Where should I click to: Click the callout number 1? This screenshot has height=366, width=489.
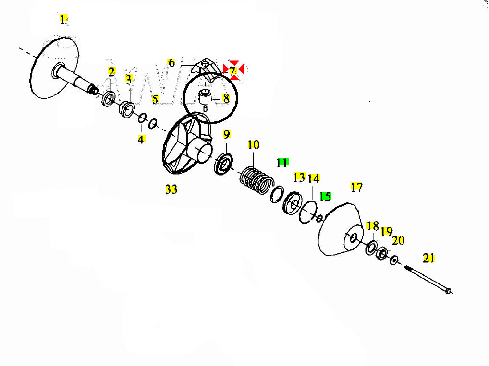(63, 20)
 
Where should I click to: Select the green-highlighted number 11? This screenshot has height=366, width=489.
(282, 163)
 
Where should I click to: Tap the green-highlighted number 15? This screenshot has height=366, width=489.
(325, 196)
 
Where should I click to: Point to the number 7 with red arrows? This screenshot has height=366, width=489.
(232, 71)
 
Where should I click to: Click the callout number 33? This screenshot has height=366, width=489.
(171, 189)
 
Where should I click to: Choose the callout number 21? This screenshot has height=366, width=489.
(428, 258)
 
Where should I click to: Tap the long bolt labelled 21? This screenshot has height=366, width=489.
(428, 279)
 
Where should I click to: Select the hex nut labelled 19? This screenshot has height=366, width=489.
(382, 253)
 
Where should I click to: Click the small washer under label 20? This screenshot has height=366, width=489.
(394, 260)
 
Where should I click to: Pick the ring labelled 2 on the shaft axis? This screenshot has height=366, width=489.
(109, 99)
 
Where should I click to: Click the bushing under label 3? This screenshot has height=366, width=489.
(127, 109)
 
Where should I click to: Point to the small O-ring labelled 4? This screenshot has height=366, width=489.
(142, 118)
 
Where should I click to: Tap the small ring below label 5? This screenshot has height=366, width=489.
(153, 124)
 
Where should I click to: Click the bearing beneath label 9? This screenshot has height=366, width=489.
(223, 164)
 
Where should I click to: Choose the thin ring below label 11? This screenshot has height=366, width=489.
(277, 195)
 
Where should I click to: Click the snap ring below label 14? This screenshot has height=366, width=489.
(308, 212)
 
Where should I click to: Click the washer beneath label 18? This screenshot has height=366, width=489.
(371, 248)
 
